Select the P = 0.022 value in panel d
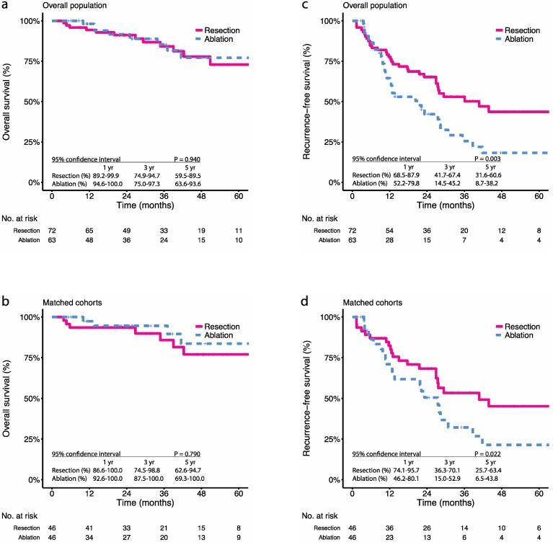pos(488,454)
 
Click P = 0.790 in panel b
pos(188,454)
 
